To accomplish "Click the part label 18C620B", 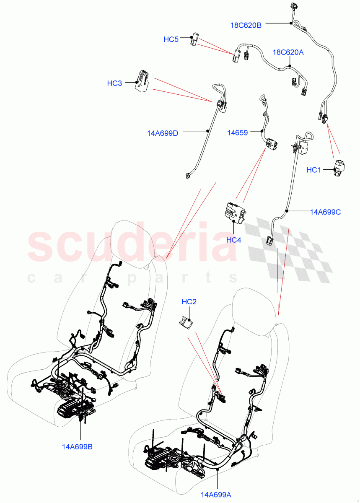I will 246,25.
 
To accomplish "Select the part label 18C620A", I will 288,52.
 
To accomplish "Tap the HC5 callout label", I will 171,39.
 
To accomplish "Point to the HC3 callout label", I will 114,83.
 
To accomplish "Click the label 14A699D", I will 163,133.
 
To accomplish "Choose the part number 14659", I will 237,132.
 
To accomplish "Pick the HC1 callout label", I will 313,170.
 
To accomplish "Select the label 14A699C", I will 325,212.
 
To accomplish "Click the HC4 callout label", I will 234,240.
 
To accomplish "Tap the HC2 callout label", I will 189,301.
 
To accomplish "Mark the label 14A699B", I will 76,447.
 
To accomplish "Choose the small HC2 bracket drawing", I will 184,323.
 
